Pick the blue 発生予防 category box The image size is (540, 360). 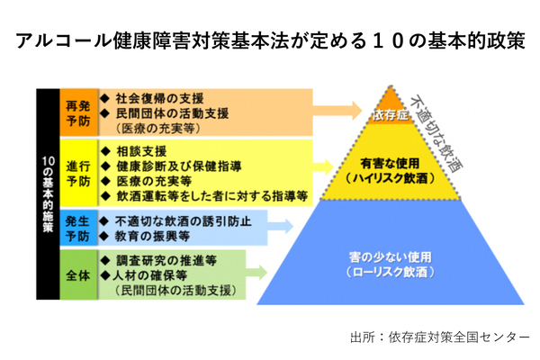(x=77, y=229)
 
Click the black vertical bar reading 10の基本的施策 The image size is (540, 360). (x=48, y=193)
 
